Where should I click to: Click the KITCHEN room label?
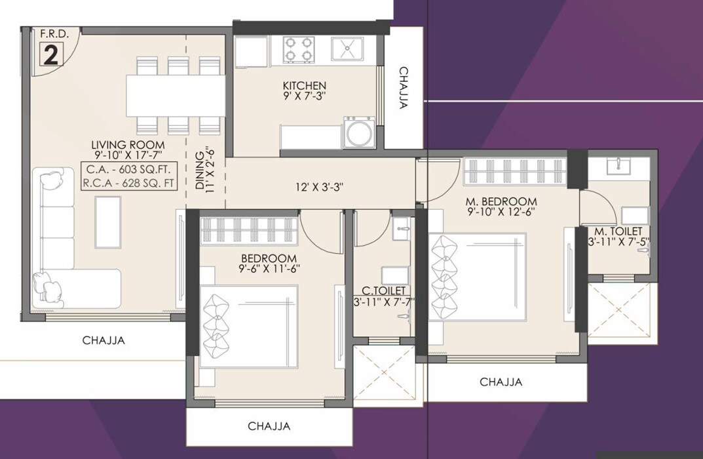[304, 86]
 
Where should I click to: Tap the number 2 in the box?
[50, 55]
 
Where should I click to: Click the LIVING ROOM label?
[128, 145]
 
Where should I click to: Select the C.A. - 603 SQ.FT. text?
[128, 170]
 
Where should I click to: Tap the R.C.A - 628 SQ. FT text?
[128, 184]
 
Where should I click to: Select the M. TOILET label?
[618, 231]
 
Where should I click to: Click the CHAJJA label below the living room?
[104, 340]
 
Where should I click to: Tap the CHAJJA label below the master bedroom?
[501, 382]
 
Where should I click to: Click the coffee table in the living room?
[108, 222]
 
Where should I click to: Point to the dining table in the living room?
[176, 95]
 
